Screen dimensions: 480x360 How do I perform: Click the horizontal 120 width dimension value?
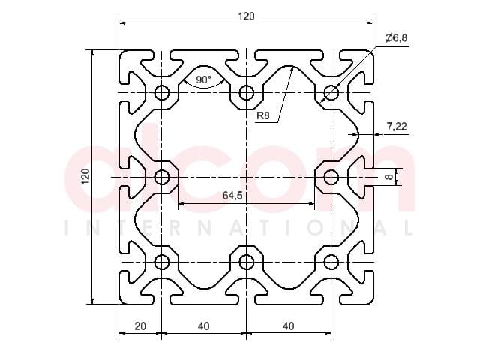coord(246,16)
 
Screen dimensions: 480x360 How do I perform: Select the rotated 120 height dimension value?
coord(85,177)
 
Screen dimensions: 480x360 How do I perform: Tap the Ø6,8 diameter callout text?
coord(397,38)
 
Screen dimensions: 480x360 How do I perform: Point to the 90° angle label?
coord(203,79)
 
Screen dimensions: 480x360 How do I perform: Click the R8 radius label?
coord(263,115)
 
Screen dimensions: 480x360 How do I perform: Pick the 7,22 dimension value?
coord(397,126)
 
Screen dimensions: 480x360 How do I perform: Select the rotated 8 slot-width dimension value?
coord(388,177)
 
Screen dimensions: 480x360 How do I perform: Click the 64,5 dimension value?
coord(232,195)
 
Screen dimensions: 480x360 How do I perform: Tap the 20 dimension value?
coord(140,326)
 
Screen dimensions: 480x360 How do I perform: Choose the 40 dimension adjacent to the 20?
coord(203,326)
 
